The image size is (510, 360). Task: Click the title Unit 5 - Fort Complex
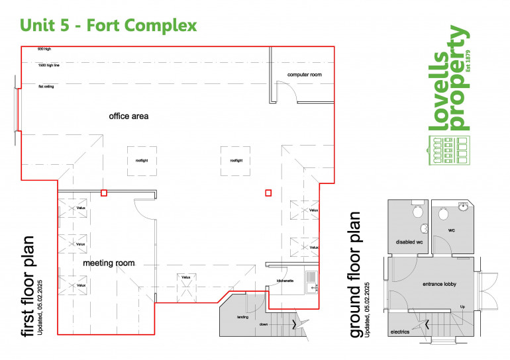point(109,26)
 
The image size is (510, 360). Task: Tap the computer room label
point(304,75)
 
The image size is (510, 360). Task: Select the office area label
point(128,116)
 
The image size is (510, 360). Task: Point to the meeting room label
point(109,263)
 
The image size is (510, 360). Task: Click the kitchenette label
point(285,280)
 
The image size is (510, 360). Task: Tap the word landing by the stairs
point(242,318)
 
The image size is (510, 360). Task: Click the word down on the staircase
point(264,324)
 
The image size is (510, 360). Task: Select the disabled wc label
point(409,242)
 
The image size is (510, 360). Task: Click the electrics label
point(399,332)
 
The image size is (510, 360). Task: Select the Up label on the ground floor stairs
point(462,307)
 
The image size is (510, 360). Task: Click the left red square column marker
point(103,193)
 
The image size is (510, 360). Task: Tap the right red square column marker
point(268,193)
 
